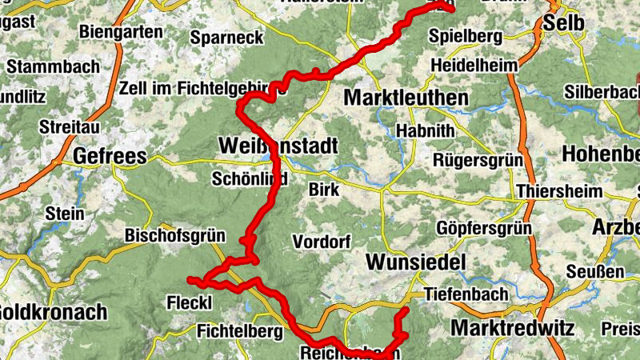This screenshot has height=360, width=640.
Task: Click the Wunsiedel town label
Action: [416, 262]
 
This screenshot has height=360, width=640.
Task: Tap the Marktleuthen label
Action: [406, 98]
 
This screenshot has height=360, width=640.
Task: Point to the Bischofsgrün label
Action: [175, 236]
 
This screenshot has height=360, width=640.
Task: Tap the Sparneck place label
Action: [226, 37]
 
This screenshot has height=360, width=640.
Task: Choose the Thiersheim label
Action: [558, 192]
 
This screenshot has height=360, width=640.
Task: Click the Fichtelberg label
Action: [240, 330]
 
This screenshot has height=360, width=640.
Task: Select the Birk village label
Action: [325, 190]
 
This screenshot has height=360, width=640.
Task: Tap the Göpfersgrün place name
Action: [484, 229]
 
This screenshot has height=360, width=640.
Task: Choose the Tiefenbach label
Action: [466, 294]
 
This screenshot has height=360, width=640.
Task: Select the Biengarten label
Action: [121, 33]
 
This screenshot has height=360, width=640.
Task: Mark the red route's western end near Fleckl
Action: [190, 279]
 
